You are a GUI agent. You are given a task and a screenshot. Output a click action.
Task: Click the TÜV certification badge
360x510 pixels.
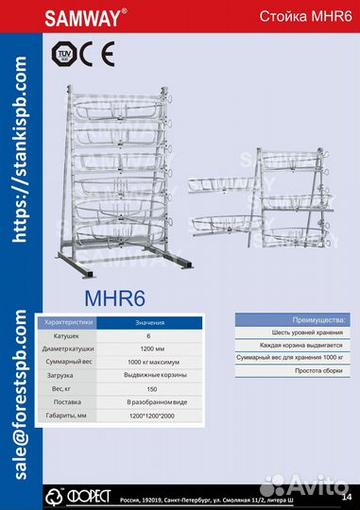click(x=67, y=54)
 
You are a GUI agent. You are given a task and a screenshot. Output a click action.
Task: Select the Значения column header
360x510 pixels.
click(x=148, y=323)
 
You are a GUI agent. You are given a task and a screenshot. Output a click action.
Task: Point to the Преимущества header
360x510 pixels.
click(x=293, y=322)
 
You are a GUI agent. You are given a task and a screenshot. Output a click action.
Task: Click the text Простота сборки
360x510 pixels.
click(x=293, y=374)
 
